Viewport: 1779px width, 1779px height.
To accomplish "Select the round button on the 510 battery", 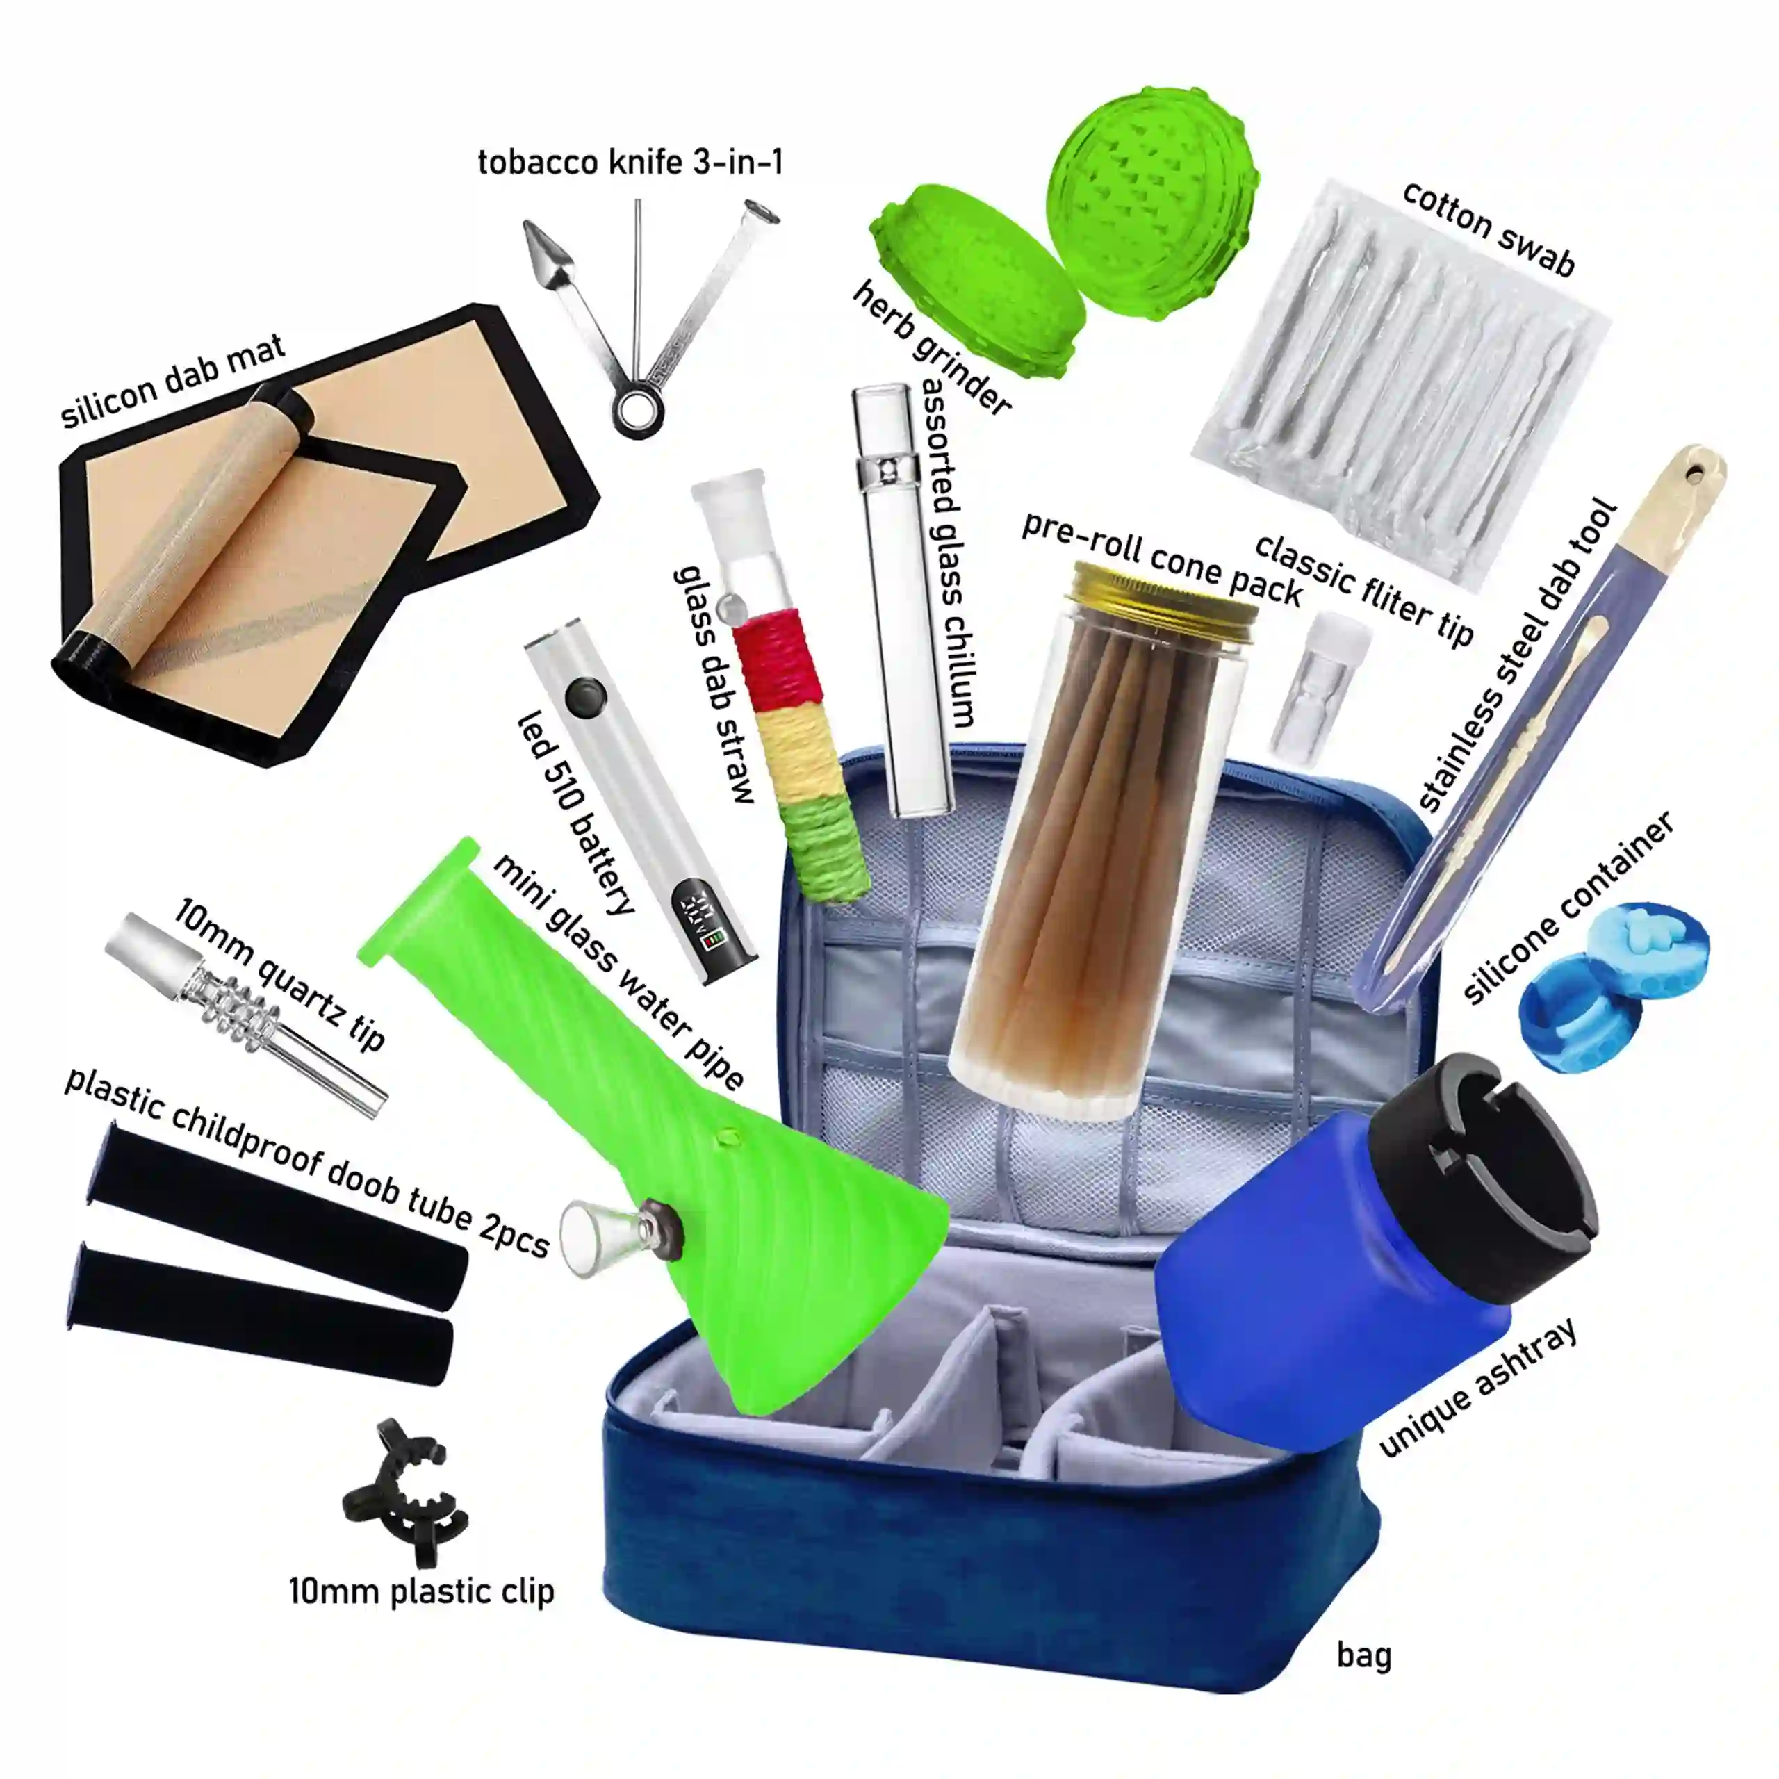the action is [x=584, y=697].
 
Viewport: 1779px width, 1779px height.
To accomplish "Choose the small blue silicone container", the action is [x=1612, y=986].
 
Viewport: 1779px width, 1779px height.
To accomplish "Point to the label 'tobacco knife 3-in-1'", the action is [x=631, y=162].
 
